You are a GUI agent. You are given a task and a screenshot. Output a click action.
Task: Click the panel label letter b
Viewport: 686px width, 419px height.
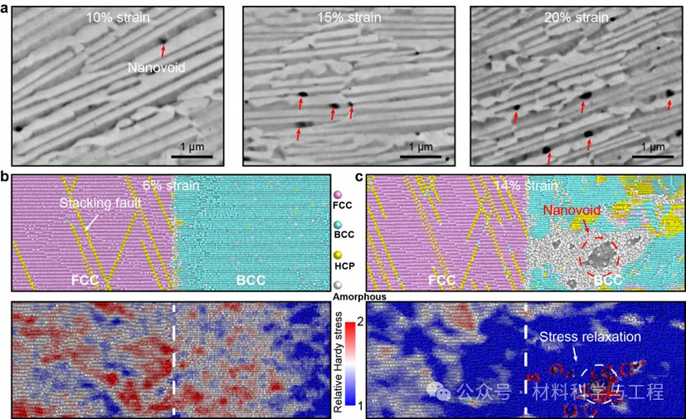pos(6,177)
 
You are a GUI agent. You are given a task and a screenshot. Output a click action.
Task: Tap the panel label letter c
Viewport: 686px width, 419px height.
pos(359,177)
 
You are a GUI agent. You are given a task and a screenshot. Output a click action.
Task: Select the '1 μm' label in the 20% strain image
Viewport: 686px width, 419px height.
pos(650,147)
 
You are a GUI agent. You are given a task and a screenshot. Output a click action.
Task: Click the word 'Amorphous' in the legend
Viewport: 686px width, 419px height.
pos(341,296)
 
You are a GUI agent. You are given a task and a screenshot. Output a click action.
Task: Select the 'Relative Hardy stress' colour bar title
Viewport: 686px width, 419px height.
pos(338,355)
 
